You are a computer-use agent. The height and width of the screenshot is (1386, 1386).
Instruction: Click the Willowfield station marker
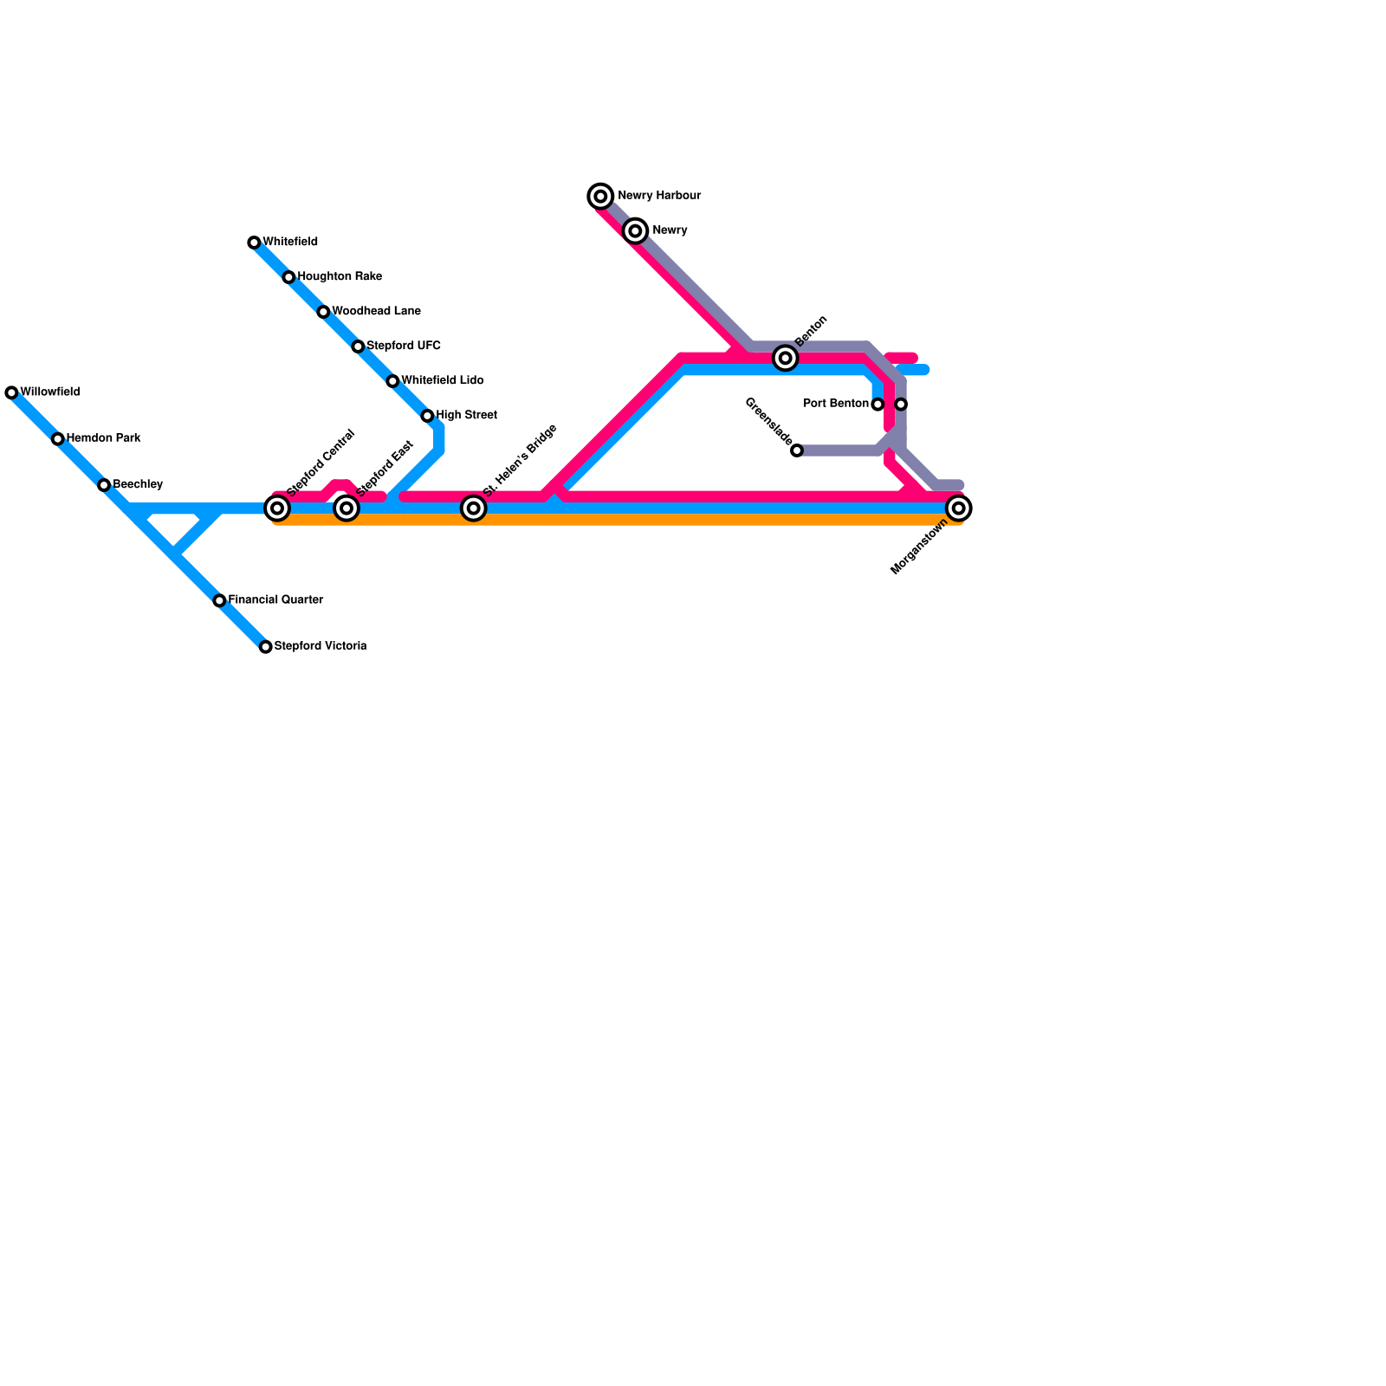tap(11, 393)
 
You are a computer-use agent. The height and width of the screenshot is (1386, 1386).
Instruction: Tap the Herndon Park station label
tap(103, 438)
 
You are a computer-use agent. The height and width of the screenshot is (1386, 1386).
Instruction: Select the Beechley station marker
tap(104, 485)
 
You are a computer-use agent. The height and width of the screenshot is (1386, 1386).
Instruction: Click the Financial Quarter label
tap(275, 600)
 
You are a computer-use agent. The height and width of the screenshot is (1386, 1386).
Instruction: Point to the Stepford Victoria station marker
tap(266, 647)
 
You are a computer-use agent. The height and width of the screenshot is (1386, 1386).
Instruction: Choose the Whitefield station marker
tap(254, 243)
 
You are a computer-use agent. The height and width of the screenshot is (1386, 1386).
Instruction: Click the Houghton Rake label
tap(340, 277)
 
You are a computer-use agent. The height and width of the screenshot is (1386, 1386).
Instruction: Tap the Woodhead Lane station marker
tap(323, 312)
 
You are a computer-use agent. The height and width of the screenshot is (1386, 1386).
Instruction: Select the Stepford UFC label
tap(403, 346)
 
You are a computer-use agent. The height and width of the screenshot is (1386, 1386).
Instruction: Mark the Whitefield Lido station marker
tap(392, 381)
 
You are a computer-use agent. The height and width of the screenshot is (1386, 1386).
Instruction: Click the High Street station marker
tap(427, 416)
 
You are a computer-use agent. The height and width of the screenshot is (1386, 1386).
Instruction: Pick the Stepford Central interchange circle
tap(277, 508)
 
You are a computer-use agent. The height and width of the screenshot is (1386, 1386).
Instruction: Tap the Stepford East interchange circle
tap(346, 508)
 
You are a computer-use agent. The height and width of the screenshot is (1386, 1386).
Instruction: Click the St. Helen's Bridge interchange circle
tap(473, 508)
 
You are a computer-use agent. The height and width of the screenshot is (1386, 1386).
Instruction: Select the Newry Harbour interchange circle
tap(600, 197)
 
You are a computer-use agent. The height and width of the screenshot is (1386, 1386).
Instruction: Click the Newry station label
tap(670, 230)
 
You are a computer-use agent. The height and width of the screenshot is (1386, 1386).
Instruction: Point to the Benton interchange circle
tap(786, 358)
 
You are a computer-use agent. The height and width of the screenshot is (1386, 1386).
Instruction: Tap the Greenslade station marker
tap(797, 450)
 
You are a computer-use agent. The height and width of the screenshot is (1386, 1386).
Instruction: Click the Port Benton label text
tap(836, 404)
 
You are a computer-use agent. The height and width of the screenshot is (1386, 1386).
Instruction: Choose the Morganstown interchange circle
tap(958, 508)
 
